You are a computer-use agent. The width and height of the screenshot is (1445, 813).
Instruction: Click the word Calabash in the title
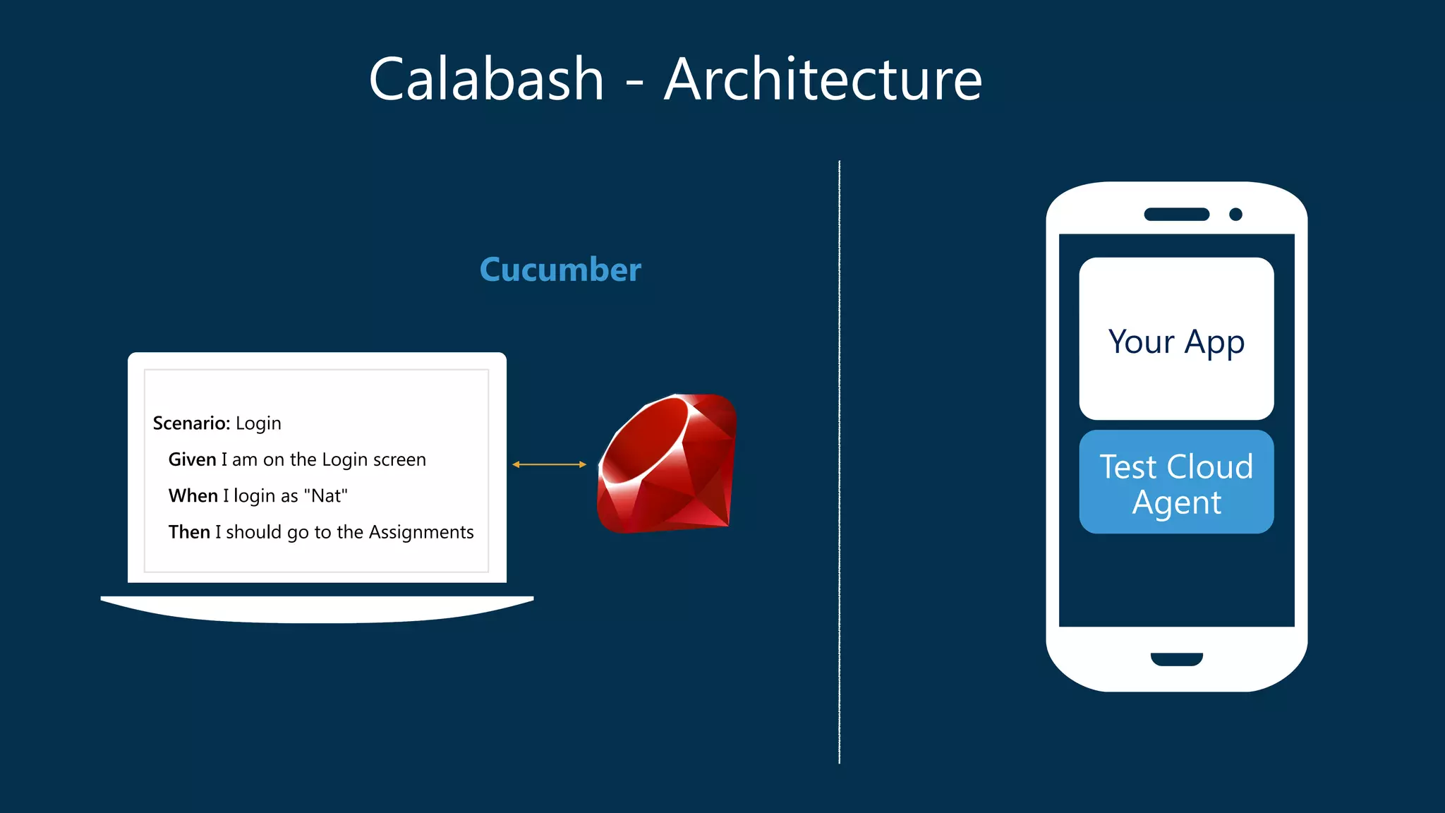486,79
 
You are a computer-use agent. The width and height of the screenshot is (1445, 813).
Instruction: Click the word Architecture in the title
823,79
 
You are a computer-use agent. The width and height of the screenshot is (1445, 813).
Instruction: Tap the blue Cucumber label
560,270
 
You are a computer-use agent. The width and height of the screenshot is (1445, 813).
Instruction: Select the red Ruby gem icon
667,464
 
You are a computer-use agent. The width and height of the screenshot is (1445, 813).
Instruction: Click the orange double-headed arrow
549,464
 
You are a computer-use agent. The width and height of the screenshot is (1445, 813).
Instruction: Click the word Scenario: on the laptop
191,423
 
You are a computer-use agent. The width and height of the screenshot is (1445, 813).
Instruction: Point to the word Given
192,459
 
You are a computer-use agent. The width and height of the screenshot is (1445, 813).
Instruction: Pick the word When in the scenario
193,496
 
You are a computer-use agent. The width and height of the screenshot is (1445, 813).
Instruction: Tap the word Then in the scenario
189,532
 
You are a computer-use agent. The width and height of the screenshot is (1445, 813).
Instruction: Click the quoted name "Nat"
325,496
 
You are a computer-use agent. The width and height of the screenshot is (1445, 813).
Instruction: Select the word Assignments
421,532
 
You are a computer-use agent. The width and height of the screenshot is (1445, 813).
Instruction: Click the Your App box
1176,339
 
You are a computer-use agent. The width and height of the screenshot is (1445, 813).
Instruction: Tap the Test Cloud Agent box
1176,482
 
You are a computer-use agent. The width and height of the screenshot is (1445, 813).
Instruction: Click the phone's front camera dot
1235,215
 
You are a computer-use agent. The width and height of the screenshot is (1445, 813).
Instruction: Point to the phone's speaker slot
1176,215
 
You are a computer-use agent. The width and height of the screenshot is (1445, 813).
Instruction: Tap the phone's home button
1176,659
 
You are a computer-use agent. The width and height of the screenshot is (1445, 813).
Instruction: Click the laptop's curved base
317,609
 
